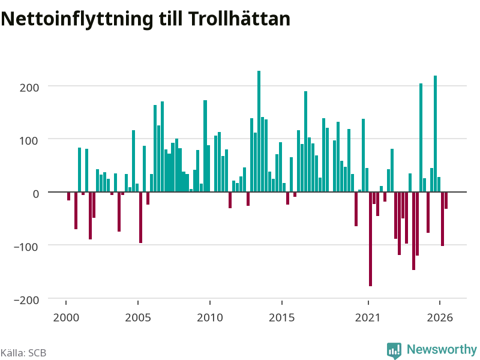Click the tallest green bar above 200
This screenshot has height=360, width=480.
tap(259, 131)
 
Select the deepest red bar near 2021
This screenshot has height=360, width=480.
tap(370, 239)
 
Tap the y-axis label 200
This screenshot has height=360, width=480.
tap(29, 88)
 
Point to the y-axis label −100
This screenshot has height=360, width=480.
tap(26, 247)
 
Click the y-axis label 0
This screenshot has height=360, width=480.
tap(36, 194)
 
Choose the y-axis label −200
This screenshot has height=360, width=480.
tap(26, 300)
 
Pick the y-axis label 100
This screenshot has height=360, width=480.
tap(29, 141)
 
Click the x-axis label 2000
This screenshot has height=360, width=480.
tap(66, 317)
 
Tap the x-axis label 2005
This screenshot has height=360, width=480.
tap(138, 317)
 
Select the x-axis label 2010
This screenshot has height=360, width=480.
tap(210, 317)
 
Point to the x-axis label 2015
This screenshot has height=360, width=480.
tap(281, 317)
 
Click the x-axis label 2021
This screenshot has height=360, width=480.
tap(368, 317)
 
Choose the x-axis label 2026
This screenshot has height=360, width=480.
tap(440, 317)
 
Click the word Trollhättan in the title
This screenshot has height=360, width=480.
tap(239, 19)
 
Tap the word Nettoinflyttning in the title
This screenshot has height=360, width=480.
tap(77, 20)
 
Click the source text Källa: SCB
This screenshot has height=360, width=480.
tap(23, 353)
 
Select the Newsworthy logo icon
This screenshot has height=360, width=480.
tap(394, 350)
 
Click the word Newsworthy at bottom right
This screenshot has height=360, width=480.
tap(442, 350)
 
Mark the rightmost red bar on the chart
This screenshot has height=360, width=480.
tap(446, 200)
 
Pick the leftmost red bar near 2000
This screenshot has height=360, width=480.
tap(68, 196)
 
